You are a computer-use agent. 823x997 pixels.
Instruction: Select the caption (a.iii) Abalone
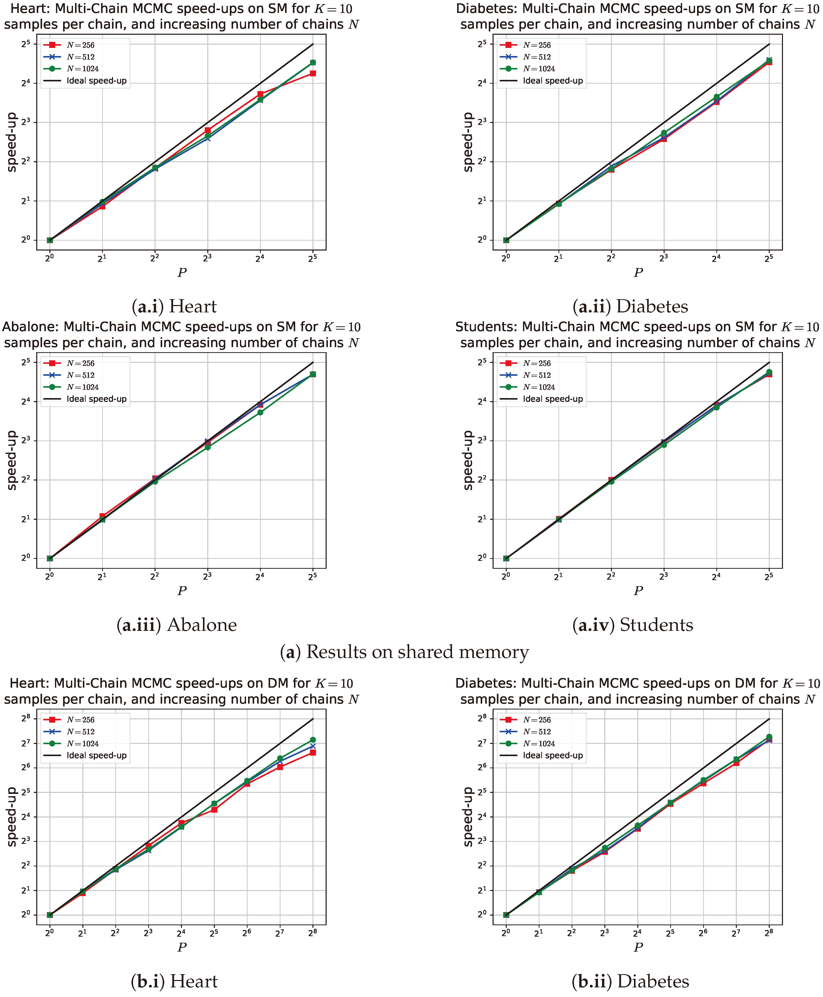176,625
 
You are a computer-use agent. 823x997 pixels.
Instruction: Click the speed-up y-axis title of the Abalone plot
12,460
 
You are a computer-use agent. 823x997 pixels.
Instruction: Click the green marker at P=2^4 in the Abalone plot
260,412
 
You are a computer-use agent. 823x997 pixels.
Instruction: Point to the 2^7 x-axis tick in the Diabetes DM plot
736,933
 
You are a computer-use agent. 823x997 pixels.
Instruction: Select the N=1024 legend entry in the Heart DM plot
83,744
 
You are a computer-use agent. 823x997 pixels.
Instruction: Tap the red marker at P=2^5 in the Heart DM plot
214,810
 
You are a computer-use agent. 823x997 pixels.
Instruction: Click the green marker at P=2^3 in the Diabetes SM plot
664,133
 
